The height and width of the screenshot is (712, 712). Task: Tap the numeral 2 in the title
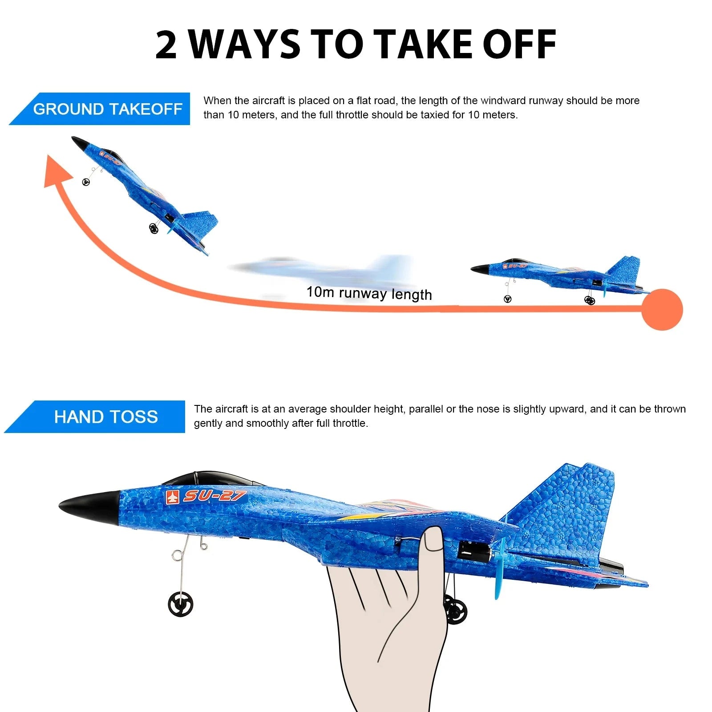tap(166, 45)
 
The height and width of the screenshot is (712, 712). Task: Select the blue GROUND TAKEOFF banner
tap(107, 109)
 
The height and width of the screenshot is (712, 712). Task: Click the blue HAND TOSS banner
tap(105, 417)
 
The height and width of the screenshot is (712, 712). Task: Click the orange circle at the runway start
tap(662, 310)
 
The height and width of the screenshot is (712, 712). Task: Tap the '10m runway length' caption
tap(369, 293)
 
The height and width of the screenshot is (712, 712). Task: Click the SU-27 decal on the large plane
tap(207, 496)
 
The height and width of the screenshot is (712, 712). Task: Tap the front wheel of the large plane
tap(181, 605)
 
